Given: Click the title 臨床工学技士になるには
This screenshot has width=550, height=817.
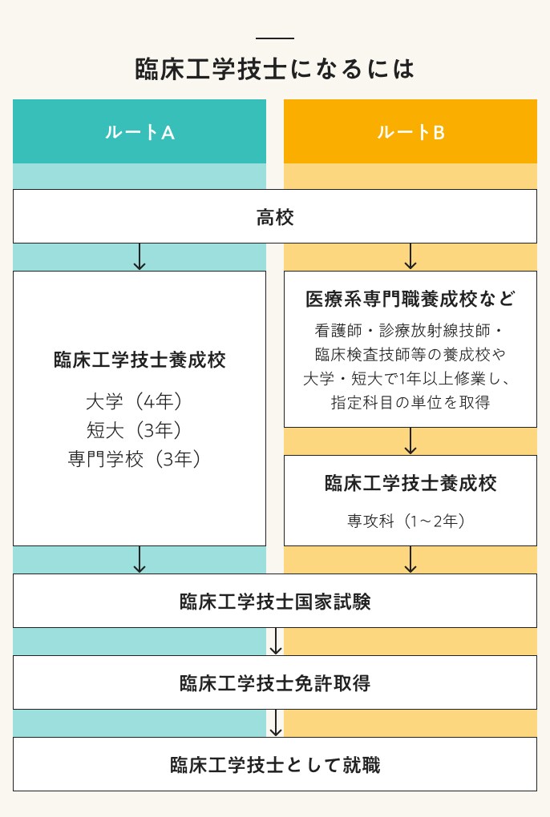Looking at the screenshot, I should click(x=275, y=68).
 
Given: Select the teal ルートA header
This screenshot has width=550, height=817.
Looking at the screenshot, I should click(x=140, y=132).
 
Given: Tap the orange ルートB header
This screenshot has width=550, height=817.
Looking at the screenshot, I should click(x=410, y=132).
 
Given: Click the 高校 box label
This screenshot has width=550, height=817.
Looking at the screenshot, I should click(x=275, y=217).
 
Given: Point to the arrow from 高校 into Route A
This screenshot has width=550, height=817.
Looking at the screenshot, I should click(x=140, y=256).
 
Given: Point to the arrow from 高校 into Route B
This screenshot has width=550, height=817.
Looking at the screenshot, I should click(x=410, y=256).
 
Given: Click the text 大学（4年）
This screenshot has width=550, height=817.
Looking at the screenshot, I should click(x=140, y=400).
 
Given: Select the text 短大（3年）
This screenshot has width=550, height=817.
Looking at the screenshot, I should click(x=140, y=429).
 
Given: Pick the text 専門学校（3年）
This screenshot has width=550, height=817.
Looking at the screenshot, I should click(x=140, y=458).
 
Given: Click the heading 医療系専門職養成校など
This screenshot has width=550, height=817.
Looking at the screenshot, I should click(x=410, y=300).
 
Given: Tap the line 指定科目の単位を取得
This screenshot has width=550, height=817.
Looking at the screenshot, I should click(x=410, y=402).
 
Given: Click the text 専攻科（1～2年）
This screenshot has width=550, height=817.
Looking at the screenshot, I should click(x=410, y=520).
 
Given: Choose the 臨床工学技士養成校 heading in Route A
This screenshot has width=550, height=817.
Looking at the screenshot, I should click(x=140, y=360).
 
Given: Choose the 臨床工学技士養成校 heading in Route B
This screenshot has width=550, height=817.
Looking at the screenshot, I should click(x=410, y=483).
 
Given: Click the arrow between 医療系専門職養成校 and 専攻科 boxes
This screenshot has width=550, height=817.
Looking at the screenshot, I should click(x=410, y=441).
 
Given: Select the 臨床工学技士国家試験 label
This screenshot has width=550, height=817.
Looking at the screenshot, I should click(x=275, y=602).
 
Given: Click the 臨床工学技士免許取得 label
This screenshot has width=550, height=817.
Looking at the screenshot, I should click(x=275, y=683).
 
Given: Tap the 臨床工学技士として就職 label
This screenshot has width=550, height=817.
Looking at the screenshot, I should click(x=275, y=765).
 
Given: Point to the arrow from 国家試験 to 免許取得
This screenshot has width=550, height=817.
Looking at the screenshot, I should click(x=276, y=642).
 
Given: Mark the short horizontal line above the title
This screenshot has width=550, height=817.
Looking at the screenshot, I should click(x=275, y=38).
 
